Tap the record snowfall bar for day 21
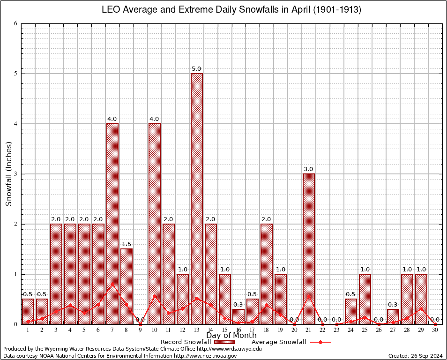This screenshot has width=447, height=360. coord(309,248)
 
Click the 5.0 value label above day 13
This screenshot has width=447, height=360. coord(196,69)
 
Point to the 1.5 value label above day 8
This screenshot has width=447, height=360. coord(126,244)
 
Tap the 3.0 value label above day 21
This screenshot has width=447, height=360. coord(309,169)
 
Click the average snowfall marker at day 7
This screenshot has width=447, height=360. coord(112,284)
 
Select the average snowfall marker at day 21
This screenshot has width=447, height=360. coord(309,296)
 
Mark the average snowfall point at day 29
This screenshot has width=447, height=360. coord(421,309)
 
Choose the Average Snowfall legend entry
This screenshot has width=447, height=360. coord(291,342)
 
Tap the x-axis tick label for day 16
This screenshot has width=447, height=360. coord(238,330)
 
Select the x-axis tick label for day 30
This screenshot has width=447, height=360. coord(435,330)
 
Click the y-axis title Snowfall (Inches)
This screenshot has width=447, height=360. coord(8,174)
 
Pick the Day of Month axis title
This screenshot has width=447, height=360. coord(231,336)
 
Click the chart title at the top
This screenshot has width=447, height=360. coord(231,10)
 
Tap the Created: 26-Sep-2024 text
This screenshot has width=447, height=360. coord(416,356)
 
